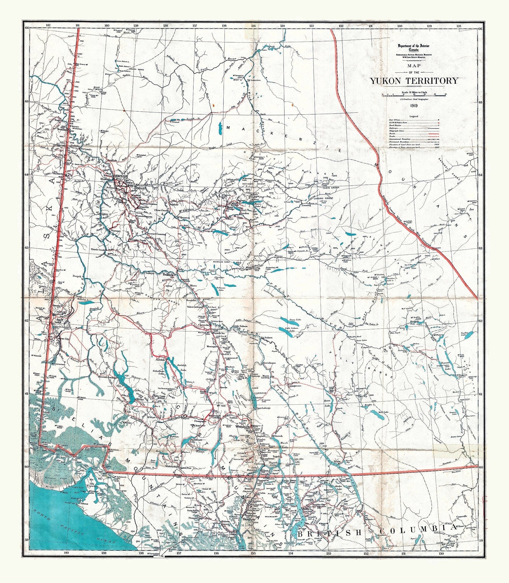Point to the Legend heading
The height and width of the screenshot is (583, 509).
click(414, 116)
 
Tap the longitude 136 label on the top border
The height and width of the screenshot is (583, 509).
click(224, 26)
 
